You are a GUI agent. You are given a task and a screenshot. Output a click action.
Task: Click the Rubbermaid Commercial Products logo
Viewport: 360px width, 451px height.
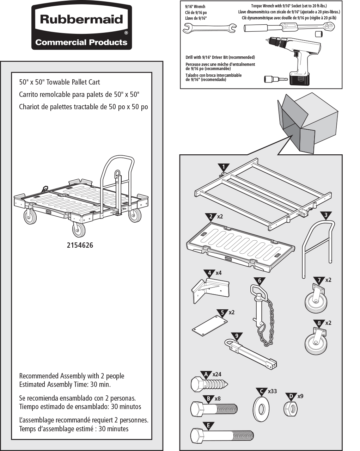pyautogui.click(x=81, y=27)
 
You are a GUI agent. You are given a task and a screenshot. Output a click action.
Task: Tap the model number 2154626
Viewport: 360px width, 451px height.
pyautogui.click(x=80, y=245)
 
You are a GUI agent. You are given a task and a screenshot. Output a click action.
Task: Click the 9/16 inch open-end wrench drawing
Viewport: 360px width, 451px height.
pyautogui.click(x=209, y=28)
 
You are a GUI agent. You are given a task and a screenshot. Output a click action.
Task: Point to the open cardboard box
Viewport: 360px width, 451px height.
pyautogui.click(x=308, y=123)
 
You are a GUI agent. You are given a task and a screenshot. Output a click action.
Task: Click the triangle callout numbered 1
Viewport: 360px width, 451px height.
pyautogui.click(x=224, y=168)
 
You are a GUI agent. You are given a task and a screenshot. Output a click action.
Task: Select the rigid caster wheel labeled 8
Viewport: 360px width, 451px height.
pyautogui.click(x=316, y=341)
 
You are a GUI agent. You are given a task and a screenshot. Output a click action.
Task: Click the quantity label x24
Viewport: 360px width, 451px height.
pyautogui.click(x=217, y=374)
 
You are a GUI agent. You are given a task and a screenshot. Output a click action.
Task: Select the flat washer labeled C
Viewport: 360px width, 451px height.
pyautogui.click(x=261, y=409)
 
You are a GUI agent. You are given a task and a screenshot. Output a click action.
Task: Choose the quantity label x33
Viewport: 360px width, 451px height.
pyautogui.click(x=272, y=391)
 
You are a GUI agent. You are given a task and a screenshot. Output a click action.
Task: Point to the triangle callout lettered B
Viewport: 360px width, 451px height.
pyautogui.click(x=208, y=398)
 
